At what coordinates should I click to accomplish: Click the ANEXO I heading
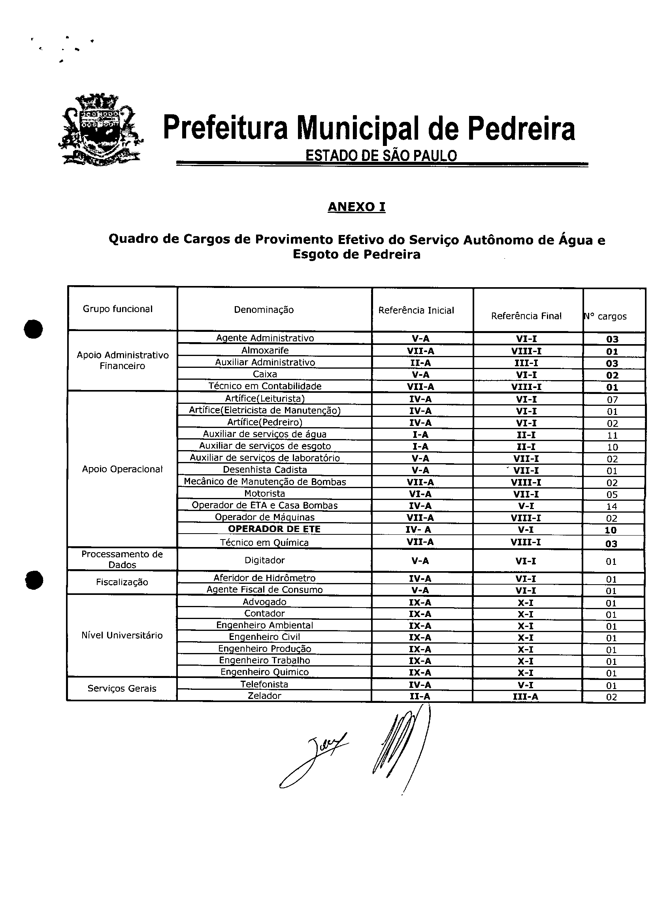pos(356,207)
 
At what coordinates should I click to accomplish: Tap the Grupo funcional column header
pos(117,309)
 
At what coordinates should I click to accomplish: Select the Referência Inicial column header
pos(416,310)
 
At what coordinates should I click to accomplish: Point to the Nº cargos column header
pos(606,316)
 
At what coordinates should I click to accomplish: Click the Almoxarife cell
pos(265,350)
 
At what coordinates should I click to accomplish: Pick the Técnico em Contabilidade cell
pos(265,386)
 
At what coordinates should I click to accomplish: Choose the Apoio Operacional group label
pos(122,469)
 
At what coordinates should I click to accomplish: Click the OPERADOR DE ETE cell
pos(274,529)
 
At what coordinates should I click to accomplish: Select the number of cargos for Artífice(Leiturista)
pos(612,400)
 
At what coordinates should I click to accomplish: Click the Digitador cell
pos(265,560)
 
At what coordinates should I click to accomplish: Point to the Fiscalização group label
pos(122,582)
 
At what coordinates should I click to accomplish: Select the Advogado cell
pos(265,602)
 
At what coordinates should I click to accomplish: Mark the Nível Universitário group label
pos(122,635)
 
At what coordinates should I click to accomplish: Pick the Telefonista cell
pos(265,684)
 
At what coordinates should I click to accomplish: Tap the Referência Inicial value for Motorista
pos(420,494)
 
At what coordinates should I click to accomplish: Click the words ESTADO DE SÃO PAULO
pos(381,155)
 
